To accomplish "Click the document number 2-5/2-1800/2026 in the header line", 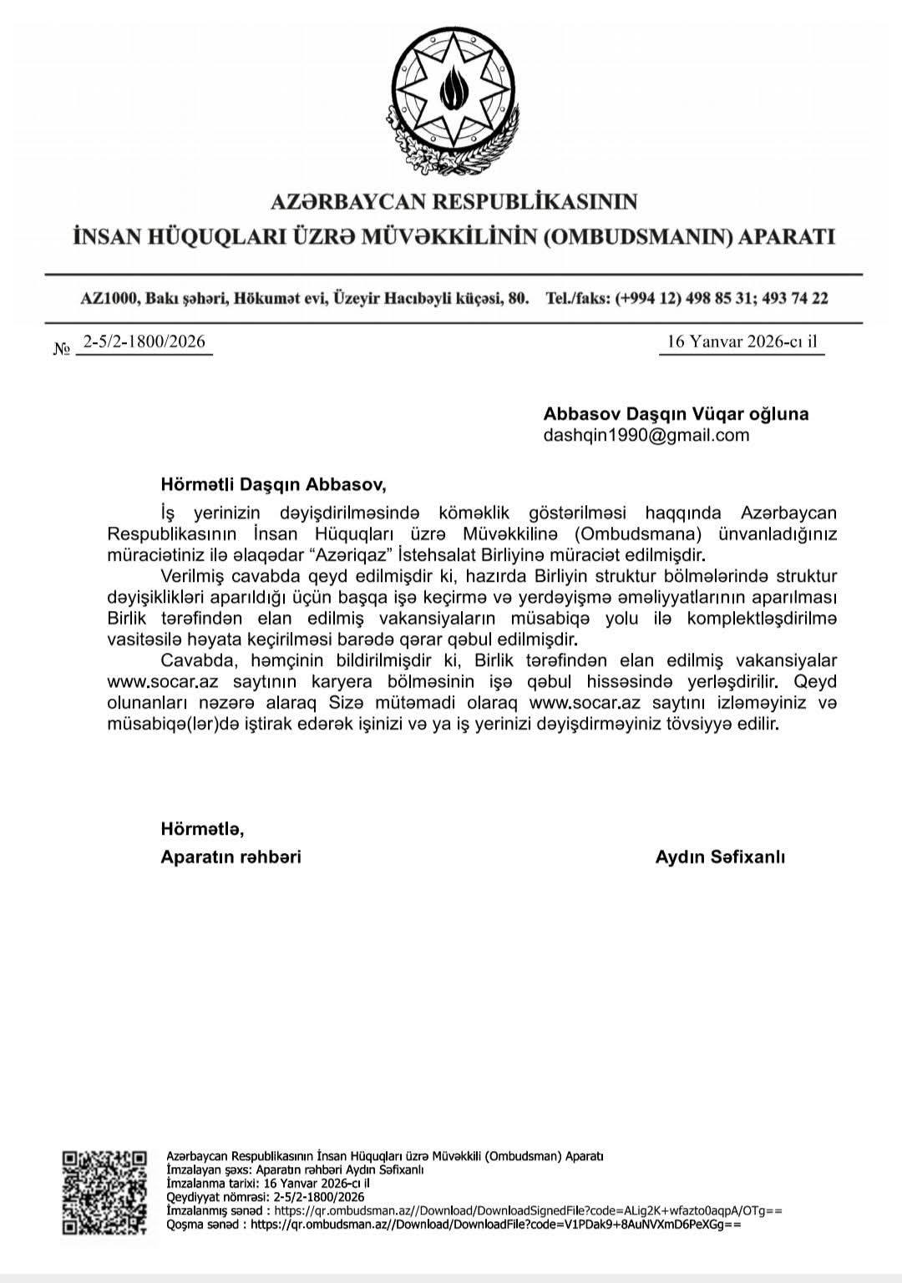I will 144,341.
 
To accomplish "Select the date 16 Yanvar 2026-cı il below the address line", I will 742,341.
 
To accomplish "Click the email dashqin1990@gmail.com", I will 646,435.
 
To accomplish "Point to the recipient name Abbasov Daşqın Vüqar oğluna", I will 676,413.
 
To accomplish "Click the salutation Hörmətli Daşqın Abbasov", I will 273,483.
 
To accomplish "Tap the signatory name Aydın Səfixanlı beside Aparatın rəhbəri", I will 720,856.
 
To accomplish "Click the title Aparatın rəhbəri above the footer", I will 231,856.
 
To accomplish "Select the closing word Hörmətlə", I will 202,829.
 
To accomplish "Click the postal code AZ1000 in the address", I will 108,298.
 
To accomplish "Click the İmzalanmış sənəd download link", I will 528,1210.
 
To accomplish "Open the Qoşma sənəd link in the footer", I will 495,1225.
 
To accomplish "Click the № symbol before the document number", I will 61,349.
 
